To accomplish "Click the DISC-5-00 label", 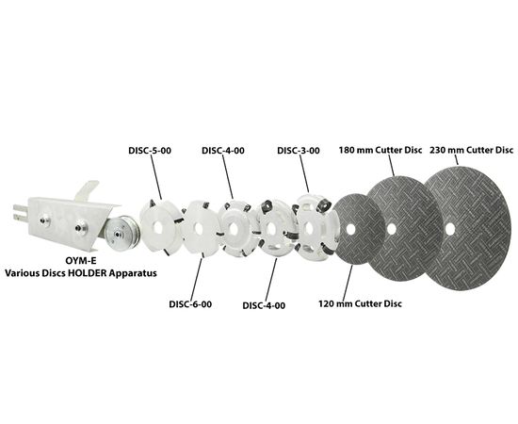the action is (x=150, y=151).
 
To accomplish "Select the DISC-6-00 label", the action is (x=190, y=304).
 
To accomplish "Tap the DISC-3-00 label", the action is (x=299, y=151).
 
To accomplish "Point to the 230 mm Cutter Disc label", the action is (x=472, y=150).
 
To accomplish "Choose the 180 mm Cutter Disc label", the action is (x=380, y=150).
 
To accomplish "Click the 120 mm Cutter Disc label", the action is (x=360, y=303).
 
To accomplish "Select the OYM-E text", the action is (x=81, y=261).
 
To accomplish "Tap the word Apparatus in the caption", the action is (x=133, y=274).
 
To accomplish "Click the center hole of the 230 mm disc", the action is (x=450, y=229).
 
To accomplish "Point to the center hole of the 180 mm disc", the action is (x=392, y=229).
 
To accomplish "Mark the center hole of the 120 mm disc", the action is (x=351, y=229).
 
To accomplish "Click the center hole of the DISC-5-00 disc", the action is (x=158, y=228).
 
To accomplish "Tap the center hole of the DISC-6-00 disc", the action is (x=199, y=229).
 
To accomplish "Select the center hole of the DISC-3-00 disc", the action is (x=309, y=228).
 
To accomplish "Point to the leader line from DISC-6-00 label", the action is (x=197, y=279).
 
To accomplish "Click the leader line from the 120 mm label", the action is (x=348, y=282).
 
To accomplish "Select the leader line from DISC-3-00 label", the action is (x=304, y=173).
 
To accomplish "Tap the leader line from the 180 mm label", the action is (x=391, y=165).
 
